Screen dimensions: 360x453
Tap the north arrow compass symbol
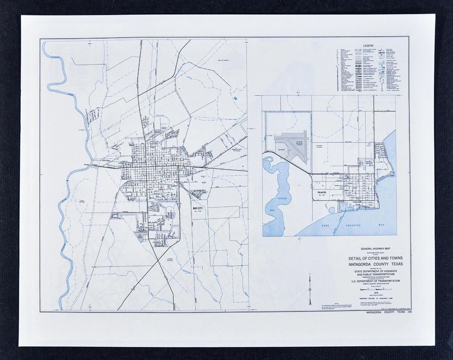tap(310, 290)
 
